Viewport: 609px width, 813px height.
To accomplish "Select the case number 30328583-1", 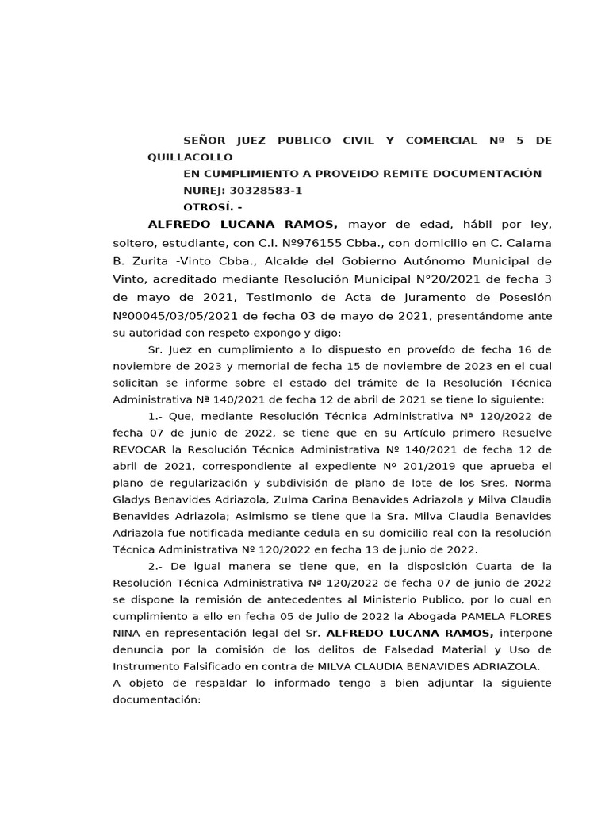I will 265,191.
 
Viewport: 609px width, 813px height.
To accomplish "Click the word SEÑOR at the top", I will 204,141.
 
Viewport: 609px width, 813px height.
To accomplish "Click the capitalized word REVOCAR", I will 141,449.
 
